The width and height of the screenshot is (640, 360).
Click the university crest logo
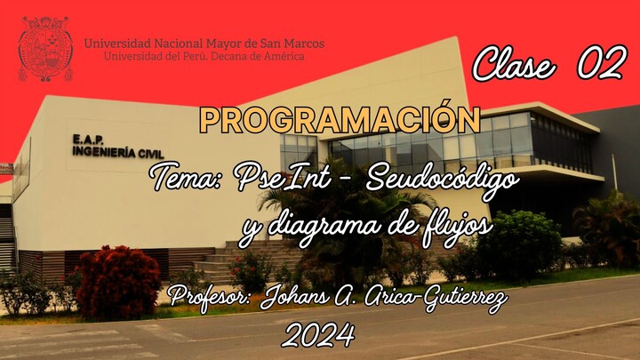tap(45, 48)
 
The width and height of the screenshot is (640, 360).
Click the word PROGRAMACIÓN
tap(340, 120)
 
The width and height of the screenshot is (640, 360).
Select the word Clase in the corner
tap(515, 64)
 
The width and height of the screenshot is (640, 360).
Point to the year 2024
tap(318, 336)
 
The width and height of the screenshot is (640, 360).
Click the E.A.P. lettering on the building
tap(90, 140)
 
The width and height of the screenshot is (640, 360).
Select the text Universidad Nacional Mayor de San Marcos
tap(204, 43)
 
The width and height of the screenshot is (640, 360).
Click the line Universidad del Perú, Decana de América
tap(204, 56)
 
